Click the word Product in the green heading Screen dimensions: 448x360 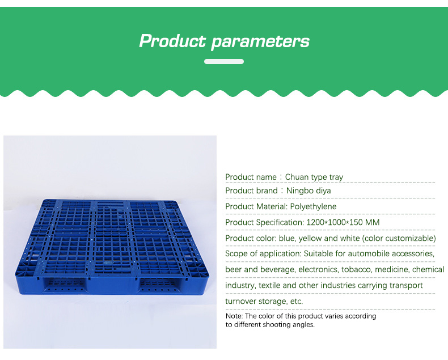click(172, 41)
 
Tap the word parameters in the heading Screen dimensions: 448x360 click(260, 42)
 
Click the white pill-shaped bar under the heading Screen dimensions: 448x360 click(224, 61)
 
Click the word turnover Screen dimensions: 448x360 click(240, 301)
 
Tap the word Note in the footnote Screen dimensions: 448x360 click(234, 316)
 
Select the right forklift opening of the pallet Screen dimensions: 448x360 click(159, 284)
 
